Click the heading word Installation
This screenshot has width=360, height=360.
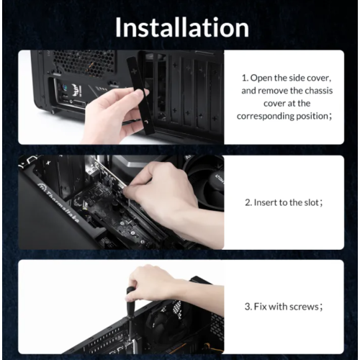pyautogui.click(x=182, y=27)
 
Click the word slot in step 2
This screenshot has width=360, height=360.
pyautogui.click(x=311, y=202)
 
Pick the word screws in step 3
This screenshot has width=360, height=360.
pyautogui.click(x=304, y=307)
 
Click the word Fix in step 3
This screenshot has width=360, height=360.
pyautogui.click(x=260, y=307)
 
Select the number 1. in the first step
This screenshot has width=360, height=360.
pyautogui.click(x=245, y=78)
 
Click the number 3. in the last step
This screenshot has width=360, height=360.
pyautogui.click(x=248, y=307)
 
